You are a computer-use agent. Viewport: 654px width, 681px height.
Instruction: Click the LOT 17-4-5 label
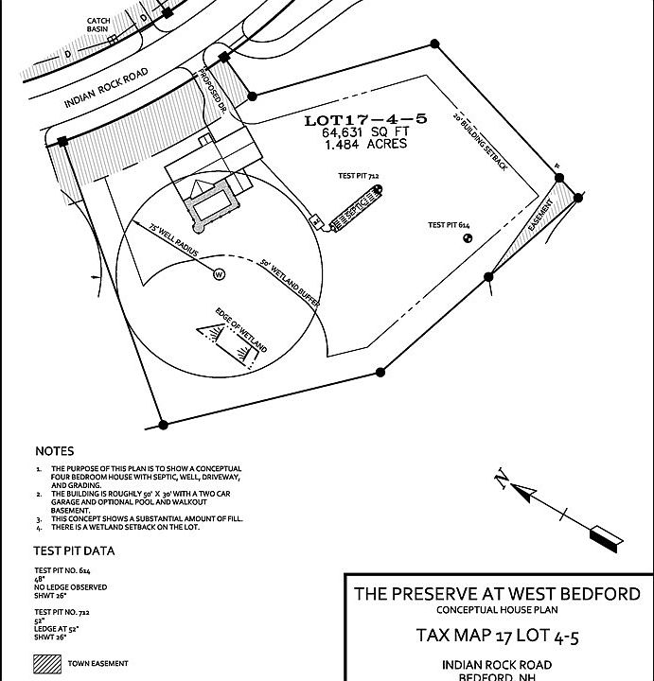(365, 120)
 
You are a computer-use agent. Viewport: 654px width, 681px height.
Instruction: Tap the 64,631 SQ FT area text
(365, 133)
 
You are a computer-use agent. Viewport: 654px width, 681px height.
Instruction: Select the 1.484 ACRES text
(365, 145)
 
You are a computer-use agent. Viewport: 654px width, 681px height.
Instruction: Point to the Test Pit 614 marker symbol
(467, 238)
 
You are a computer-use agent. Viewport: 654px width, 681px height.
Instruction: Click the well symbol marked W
(219, 275)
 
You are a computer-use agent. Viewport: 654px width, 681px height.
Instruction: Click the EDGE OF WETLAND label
(241, 330)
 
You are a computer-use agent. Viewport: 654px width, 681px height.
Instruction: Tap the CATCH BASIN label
(98, 25)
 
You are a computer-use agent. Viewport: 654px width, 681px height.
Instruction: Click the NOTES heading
(54, 451)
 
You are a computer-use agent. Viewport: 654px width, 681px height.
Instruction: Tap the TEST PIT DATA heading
(74, 550)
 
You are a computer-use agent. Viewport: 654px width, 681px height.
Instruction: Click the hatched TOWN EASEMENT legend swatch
(47, 664)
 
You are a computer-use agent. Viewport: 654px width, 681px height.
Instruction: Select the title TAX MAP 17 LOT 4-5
(497, 636)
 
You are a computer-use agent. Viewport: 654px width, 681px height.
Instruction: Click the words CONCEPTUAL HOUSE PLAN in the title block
(497, 611)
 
